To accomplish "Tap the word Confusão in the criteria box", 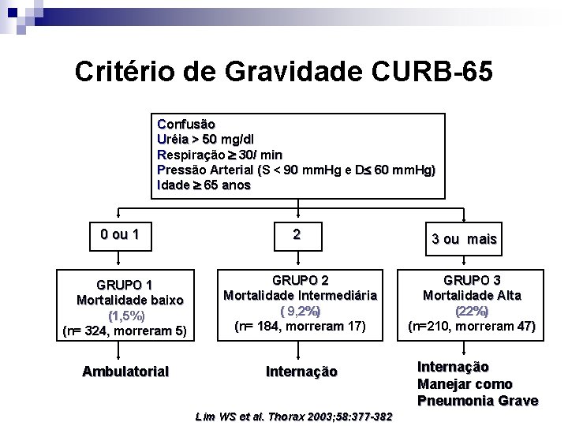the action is (186, 124).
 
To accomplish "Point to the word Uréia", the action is (175, 139).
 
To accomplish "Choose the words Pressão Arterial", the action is (207, 170).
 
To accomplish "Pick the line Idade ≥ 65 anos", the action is (204, 185).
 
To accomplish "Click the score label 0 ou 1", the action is (121, 234).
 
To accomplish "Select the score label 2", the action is (296, 234).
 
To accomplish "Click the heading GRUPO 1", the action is (125, 285).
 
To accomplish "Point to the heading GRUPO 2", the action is (300, 280).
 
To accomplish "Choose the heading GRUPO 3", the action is (472, 280).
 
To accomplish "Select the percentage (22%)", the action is (472, 311).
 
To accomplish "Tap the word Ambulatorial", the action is (125, 371).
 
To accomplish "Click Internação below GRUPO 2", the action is (301, 372).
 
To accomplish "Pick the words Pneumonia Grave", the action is (477, 401).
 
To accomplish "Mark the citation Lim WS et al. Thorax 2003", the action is (293, 417).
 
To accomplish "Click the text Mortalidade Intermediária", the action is (300, 295).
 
